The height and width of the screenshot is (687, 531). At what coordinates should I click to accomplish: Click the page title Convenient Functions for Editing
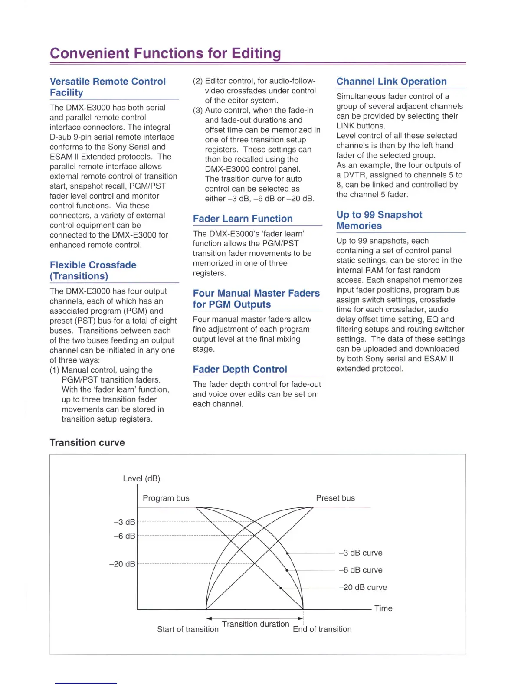tap(165, 53)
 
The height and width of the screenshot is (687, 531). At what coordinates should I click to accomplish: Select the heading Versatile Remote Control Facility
tap(108, 87)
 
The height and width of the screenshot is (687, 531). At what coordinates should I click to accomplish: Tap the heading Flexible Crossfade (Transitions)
tap(93, 271)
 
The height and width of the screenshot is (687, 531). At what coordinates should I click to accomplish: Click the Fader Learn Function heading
tap(243, 219)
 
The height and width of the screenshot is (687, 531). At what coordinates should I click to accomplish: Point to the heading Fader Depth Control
tap(240, 369)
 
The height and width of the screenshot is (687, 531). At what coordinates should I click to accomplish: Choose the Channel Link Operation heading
tap(391, 82)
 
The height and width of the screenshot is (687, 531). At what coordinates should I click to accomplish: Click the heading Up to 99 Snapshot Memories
tap(379, 220)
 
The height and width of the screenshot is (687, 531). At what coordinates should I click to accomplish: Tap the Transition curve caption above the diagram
tap(87, 442)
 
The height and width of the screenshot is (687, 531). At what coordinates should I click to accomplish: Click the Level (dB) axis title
tap(141, 478)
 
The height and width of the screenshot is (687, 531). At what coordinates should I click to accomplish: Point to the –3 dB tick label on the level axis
tap(125, 522)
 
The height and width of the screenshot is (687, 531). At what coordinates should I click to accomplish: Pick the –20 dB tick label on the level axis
tap(122, 564)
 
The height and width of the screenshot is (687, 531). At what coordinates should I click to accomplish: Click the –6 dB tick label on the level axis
tap(125, 536)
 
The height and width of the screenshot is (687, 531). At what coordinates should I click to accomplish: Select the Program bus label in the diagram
tap(166, 498)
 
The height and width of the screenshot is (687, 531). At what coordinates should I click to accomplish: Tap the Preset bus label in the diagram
tap(335, 498)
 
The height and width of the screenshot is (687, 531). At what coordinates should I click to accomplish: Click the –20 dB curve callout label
tap(363, 587)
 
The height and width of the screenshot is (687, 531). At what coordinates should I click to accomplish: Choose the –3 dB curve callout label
tap(361, 553)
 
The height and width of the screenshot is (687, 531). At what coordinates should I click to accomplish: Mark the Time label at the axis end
tap(383, 608)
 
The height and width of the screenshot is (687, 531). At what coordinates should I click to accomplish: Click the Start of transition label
tap(188, 629)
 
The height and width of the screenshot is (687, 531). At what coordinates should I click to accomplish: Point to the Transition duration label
tap(256, 624)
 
